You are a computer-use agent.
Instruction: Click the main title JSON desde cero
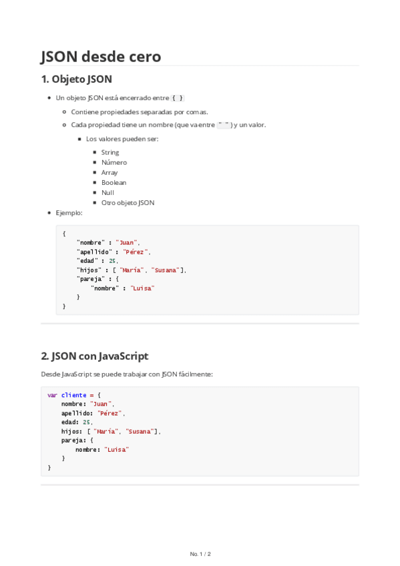point(101,56)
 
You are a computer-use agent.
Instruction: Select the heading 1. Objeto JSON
point(76,79)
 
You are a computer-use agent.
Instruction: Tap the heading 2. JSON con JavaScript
point(94,356)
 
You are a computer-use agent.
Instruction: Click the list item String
point(110,152)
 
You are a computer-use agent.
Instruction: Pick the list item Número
point(114,162)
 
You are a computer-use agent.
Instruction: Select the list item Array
point(110,172)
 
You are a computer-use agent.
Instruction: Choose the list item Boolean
point(114,182)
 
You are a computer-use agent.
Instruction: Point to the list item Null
point(108,192)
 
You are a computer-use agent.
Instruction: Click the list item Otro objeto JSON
point(128,202)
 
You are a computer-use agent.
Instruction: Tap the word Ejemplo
point(69,213)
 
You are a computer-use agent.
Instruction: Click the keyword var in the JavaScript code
point(51,395)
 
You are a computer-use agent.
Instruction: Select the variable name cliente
point(73,395)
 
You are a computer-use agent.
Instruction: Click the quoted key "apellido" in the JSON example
point(93,252)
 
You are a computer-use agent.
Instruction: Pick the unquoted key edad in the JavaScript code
point(68,422)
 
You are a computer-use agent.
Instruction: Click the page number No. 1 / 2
point(200,554)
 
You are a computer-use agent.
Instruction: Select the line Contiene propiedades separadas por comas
point(139,111)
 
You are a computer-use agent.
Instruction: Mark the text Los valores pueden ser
point(122,139)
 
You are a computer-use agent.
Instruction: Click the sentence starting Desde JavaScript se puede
point(126,374)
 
